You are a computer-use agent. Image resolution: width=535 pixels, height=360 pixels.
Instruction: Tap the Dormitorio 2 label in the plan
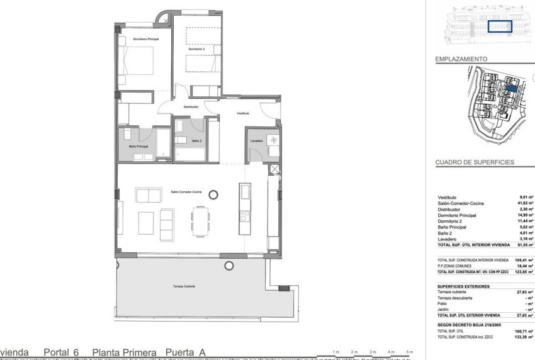196,48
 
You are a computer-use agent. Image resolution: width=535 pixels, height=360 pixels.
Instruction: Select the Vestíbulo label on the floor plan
243,113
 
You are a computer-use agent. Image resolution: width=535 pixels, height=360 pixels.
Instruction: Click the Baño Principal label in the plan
138,146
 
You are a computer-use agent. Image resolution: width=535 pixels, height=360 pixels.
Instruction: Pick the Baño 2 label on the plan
196,140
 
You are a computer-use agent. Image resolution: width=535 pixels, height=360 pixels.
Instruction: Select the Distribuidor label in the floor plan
191,107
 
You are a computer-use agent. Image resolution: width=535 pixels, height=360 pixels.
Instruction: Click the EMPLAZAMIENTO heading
462,59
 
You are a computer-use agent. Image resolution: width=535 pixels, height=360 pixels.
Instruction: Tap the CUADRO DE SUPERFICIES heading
475,162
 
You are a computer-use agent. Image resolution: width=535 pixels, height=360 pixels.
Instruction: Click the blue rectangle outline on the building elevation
500,27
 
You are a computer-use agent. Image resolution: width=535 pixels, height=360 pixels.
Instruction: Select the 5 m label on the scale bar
409,351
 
